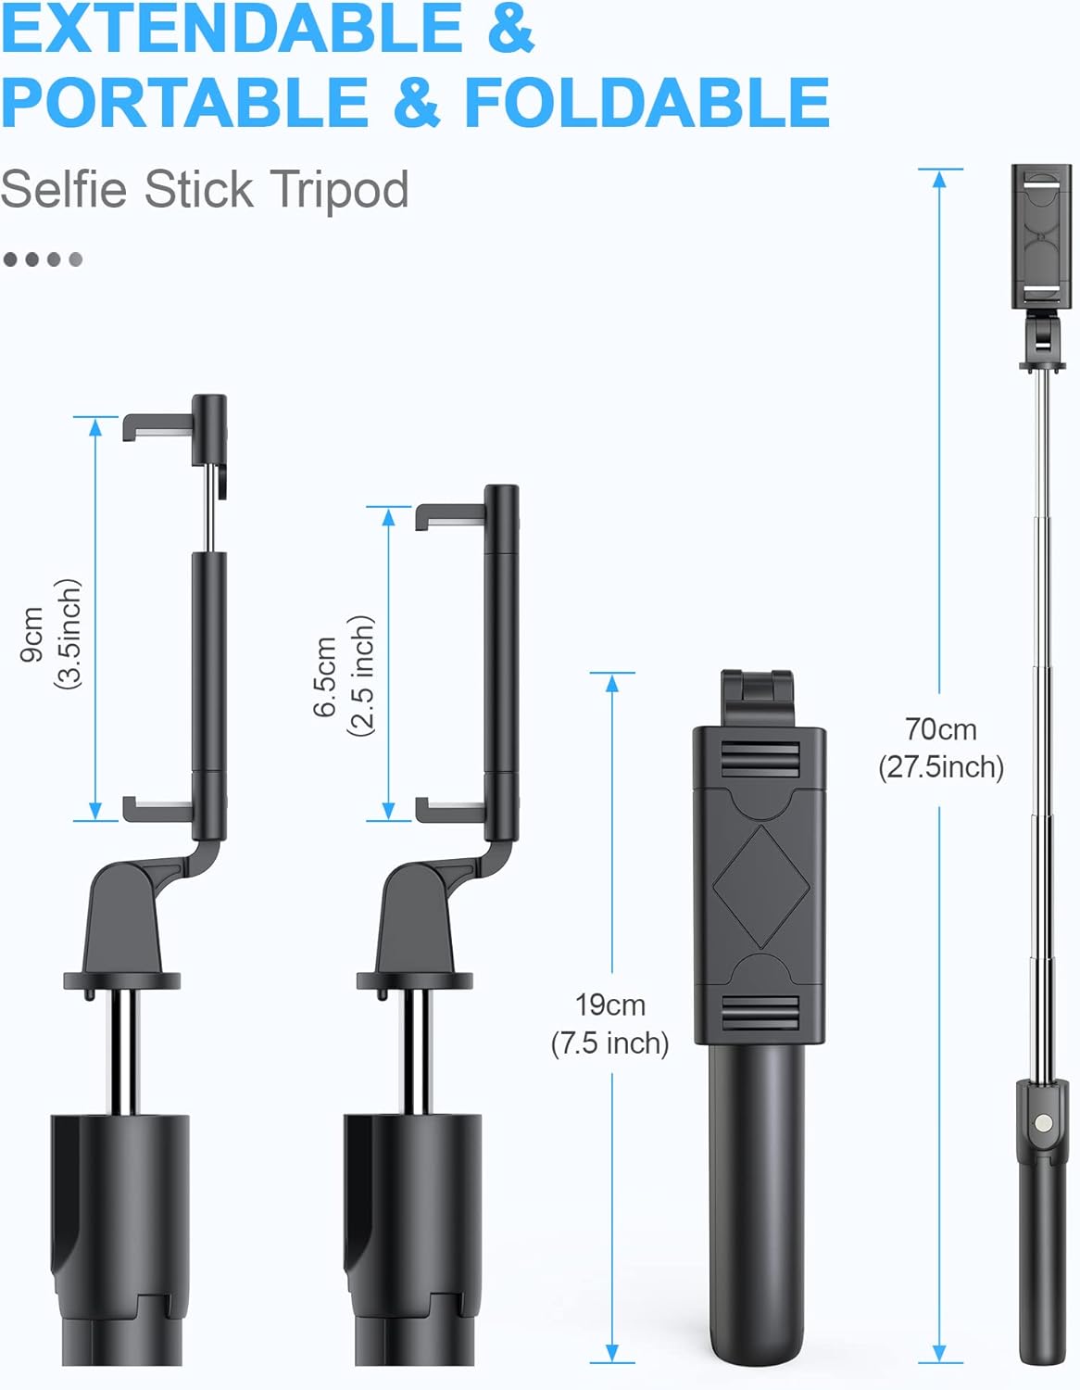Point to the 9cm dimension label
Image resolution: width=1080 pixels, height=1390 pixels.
[x=32, y=634]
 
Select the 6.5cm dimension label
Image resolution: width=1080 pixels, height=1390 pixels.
[x=324, y=676]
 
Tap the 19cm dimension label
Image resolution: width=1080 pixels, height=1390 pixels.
[x=609, y=1005]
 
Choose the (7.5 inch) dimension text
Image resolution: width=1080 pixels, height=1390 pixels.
[x=609, y=1043]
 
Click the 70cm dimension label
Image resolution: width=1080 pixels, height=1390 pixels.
[x=940, y=730]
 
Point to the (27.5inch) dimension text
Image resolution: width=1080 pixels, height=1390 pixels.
[x=940, y=767]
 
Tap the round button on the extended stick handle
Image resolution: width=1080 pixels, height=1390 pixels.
[x=1044, y=1122]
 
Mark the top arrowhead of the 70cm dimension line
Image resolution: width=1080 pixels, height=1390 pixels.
[x=939, y=178]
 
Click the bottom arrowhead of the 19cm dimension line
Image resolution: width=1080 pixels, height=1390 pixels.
[x=611, y=1353]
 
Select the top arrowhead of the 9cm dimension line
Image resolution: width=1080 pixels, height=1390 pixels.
[x=95, y=425]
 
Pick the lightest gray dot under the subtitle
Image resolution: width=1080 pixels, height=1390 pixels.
[x=76, y=259]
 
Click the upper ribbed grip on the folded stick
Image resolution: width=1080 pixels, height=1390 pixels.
[x=760, y=760]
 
